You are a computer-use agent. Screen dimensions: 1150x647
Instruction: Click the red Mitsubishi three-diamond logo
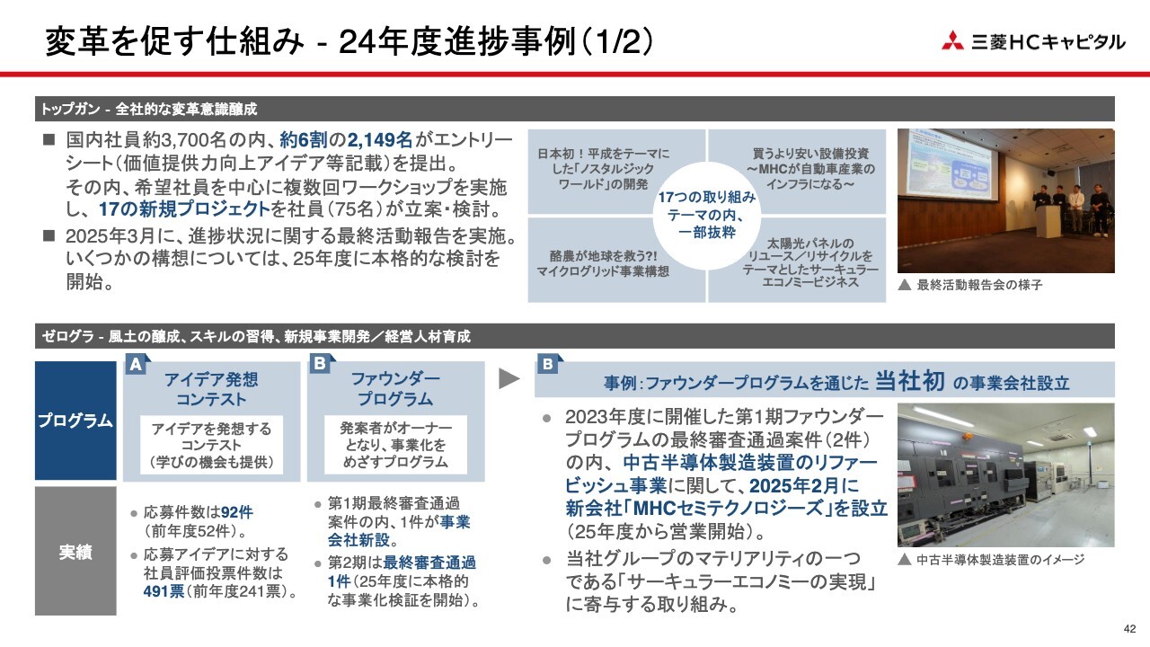pos(952,41)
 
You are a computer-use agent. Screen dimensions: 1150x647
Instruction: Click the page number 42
pos(1129,629)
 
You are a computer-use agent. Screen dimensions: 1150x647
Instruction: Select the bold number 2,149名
pos(380,139)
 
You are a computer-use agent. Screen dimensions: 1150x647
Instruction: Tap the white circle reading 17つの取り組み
pos(707,215)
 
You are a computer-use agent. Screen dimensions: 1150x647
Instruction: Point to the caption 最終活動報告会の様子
pos(979,285)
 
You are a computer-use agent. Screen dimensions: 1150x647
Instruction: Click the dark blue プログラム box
pos(75,421)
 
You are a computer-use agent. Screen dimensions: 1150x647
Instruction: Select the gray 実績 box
pos(75,551)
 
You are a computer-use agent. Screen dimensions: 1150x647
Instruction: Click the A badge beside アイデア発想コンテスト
pos(137,364)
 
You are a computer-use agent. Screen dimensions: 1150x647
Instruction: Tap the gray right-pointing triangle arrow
pos(509,378)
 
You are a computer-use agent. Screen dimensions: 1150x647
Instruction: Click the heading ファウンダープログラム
pos(395,389)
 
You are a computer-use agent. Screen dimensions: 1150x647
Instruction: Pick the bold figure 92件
pos(237,512)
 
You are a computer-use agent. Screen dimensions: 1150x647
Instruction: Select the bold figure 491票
pos(164,591)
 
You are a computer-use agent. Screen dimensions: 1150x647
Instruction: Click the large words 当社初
pos(910,380)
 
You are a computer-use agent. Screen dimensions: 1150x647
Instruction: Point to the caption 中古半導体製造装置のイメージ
pos(1000,560)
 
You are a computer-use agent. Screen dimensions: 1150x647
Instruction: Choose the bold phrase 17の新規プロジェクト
pos(184,209)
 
